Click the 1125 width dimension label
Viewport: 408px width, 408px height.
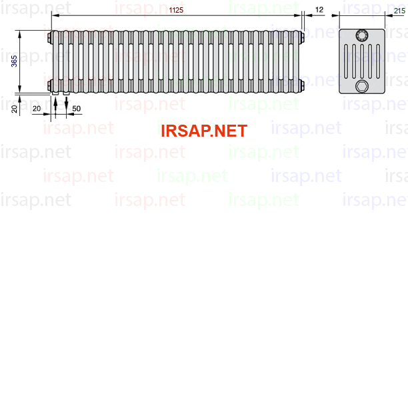click(x=176, y=10)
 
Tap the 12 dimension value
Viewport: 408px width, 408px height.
click(x=319, y=10)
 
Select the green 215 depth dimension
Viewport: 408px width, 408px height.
click(x=399, y=11)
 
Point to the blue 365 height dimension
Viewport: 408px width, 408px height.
click(x=14, y=61)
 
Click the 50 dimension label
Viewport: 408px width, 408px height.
click(x=76, y=109)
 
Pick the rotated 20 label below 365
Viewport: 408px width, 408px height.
click(x=14, y=109)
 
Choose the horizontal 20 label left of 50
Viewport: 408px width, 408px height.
click(x=37, y=109)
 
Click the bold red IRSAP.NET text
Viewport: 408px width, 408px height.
click(x=204, y=131)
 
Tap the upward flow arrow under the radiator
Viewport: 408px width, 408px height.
click(x=55, y=105)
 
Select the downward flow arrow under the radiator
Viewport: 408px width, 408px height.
click(x=67, y=105)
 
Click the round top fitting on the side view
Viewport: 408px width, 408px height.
click(x=362, y=35)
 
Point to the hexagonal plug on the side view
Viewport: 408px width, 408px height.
click(x=362, y=86)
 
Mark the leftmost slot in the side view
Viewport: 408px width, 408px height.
click(x=346, y=61)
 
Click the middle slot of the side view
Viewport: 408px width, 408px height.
click(x=362, y=61)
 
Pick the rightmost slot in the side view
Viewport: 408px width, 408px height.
click(x=378, y=61)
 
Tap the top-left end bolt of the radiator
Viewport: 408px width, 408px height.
click(x=49, y=37)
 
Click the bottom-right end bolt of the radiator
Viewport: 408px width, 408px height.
click(x=302, y=85)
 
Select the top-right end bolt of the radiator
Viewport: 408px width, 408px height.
click(x=302, y=37)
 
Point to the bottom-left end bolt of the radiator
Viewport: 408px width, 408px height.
click(x=49, y=85)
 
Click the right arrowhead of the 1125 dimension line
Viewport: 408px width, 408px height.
click(x=297, y=15)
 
